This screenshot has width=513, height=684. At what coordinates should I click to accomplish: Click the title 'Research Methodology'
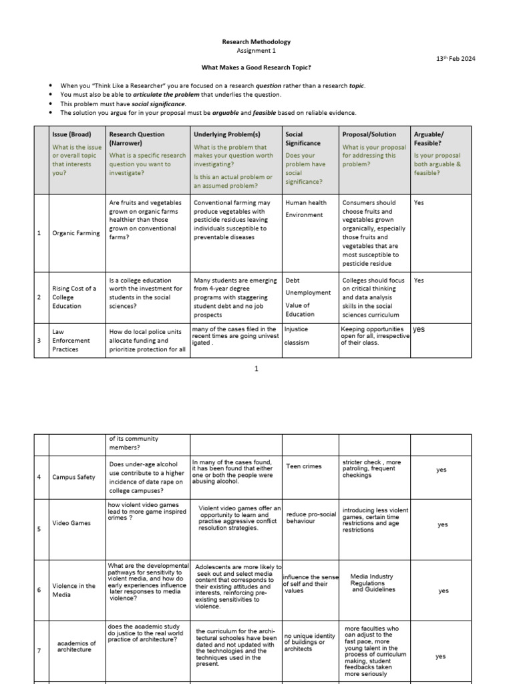pyautogui.click(x=256, y=42)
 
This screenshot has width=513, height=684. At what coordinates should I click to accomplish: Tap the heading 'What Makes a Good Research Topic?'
pyautogui.click(x=256, y=68)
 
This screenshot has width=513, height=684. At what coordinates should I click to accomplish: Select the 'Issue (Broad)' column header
pyautogui.click(x=71, y=134)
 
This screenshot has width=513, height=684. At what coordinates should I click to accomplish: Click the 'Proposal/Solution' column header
pyautogui.click(x=369, y=134)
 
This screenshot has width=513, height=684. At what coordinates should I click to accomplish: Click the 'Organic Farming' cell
pyautogui.click(x=75, y=233)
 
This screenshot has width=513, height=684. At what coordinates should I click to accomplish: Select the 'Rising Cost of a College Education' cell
pyautogui.click(x=74, y=297)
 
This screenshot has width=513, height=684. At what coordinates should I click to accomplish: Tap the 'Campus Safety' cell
pyautogui.click(x=73, y=477)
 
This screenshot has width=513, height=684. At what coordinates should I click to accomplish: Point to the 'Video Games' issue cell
pyautogui.click(x=71, y=523)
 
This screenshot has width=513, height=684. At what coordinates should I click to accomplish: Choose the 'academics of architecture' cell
pyautogui.click(x=76, y=647)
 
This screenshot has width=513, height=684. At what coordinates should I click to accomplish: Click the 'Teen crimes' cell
pyautogui.click(x=304, y=466)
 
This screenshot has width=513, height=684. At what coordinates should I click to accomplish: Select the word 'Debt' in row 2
pyautogui.click(x=292, y=281)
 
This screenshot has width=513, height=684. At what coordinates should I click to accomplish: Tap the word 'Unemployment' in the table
pyautogui.click(x=307, y=293)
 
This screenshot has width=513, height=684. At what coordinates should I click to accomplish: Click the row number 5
pyautogui.click(x=39, y=529)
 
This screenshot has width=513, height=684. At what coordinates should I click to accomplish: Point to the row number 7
pyautogui.click(x=39, y=651)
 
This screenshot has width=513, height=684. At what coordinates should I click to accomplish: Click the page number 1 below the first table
pyautogui.click(x=256, y=369)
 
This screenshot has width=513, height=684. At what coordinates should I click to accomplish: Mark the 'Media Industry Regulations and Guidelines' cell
pyautogui.click(x=373, y=583)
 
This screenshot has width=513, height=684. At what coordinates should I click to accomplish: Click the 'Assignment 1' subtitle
pyautogui.click(x=256, y=51)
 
